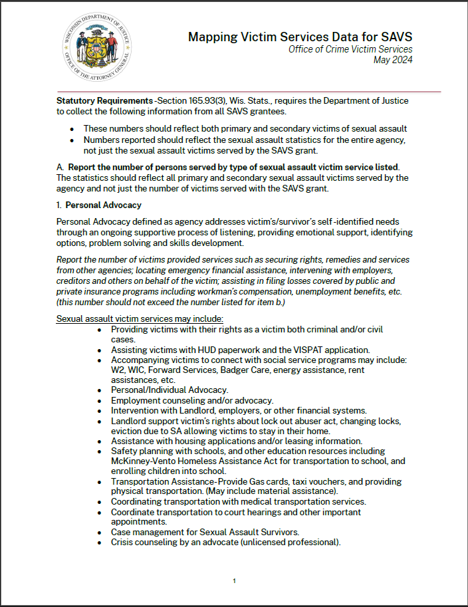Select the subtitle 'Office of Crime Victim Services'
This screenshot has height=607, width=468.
point(350,50)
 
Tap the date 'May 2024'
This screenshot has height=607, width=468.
point(393,61)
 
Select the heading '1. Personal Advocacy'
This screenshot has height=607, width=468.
point(99,205)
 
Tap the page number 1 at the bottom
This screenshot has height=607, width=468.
point(234,581)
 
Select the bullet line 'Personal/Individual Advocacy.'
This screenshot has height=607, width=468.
point(170,390)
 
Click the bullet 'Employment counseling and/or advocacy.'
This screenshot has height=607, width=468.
point(192,400)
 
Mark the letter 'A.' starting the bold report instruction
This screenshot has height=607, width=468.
point(60,166)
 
